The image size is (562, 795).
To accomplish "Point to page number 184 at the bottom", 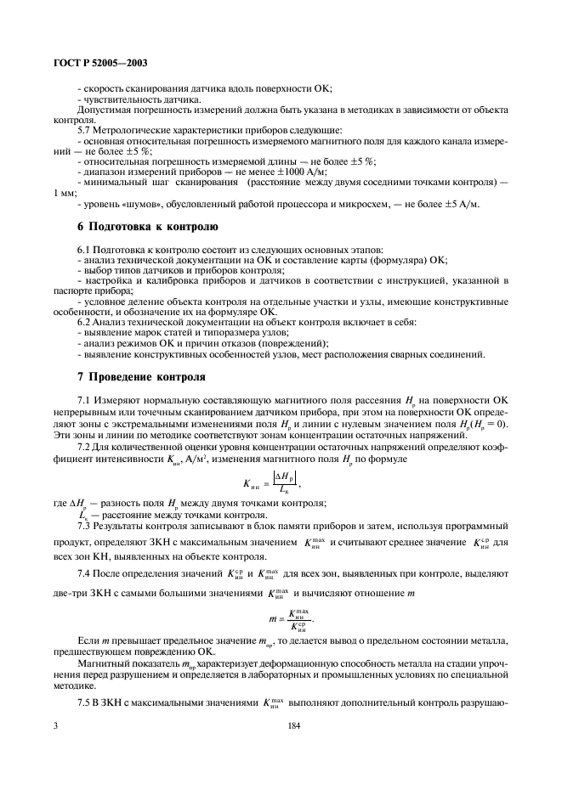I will point(295,725).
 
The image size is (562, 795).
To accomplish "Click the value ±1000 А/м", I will point(252,171).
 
